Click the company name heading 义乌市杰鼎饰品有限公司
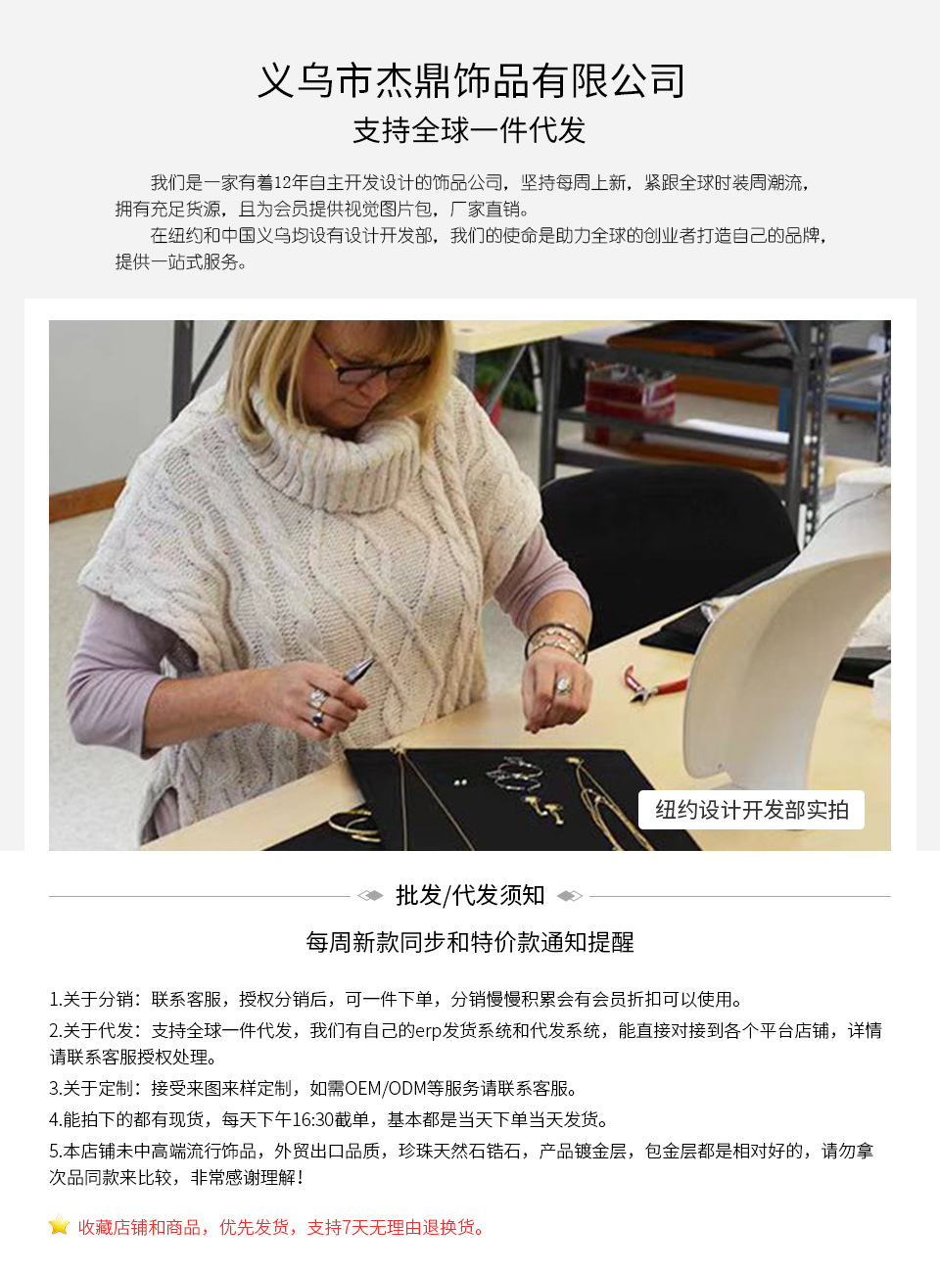tap(470, 81)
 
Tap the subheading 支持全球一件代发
tap(469, 130)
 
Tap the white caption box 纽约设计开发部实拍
tap(751, 810)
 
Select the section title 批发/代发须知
tap(470, 895)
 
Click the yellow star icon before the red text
tap(60, 1226)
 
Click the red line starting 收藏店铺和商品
tap(282, 1227)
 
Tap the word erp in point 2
tap(429, 1030)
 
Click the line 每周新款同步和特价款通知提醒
tap(470, 942)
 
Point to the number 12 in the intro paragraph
tap(283, 182)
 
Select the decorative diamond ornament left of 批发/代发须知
tap(370, 895)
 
